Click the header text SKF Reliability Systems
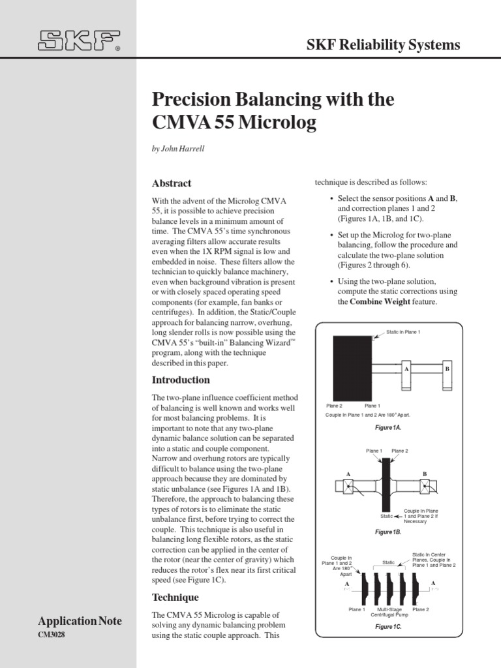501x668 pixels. (383, 44)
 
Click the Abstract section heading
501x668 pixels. (172, 183)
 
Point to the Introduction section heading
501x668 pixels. (181, 380)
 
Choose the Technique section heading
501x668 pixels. (175, 597)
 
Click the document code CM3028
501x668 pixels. (52, 635)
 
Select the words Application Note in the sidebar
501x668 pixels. (80, 622)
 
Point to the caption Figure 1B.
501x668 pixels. (388, 532)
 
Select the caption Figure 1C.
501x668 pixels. (388, 626)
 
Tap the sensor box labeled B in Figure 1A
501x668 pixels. (448, 369)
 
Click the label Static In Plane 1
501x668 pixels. (404, 333)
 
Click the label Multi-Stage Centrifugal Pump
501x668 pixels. (389, 612)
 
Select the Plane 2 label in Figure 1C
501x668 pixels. (421, 609)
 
